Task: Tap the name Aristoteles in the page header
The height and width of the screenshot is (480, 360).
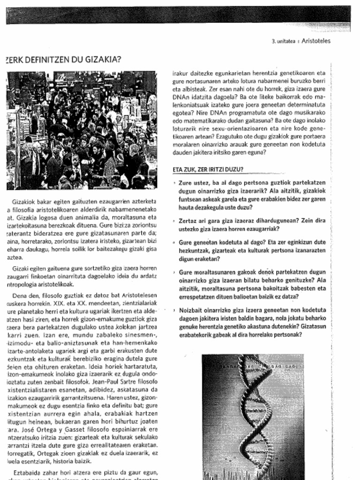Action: [x=316, y=41]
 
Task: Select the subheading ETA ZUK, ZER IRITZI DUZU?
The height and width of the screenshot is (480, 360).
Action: [x=208, y=169]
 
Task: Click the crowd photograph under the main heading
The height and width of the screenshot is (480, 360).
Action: [x=82, y=130]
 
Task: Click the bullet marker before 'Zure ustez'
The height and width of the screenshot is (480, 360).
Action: [x=174, y=183]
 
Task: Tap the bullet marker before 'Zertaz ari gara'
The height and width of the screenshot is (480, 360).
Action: [x=174, y=221]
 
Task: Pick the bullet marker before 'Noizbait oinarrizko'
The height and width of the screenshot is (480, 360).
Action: [x=174, y=310]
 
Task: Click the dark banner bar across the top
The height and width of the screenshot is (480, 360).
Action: [x=178, y=15]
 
